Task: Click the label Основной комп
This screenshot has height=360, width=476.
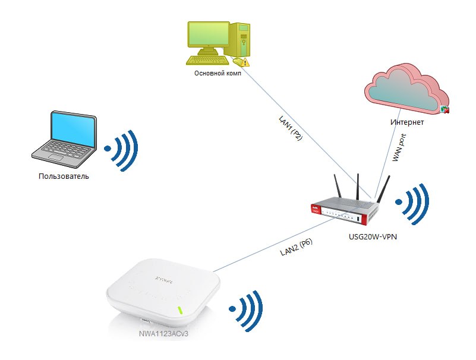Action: click(217, 73)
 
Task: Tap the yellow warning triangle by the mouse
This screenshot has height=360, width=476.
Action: click(245, 63)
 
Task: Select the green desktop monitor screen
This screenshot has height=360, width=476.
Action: click(209, 35)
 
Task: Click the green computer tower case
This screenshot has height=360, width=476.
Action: click(241, 39)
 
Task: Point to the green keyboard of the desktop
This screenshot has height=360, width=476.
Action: click(208, 60)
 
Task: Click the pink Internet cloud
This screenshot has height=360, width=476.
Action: click(406, 89)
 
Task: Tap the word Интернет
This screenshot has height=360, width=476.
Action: click(407, 122)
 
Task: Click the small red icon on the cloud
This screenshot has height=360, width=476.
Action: click(445, 109)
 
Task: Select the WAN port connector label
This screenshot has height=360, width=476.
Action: click(399, 147)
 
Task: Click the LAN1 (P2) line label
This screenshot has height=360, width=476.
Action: click(291, 128)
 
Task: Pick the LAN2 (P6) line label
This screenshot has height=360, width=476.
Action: click(296, 247)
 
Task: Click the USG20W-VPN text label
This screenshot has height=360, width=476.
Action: click(373, 237)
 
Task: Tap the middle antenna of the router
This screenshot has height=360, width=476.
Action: click(358, 187)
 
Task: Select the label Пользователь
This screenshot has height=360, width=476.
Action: click(64, 176)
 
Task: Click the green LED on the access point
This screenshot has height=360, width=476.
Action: click(180, 310)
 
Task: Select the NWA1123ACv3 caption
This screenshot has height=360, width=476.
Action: click(163, 334)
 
